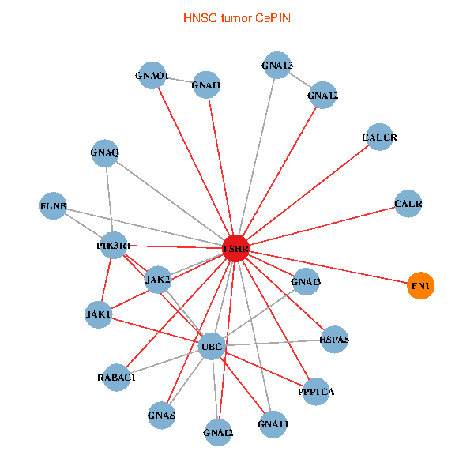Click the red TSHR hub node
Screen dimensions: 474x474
(x=235, y=249)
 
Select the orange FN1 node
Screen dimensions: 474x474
(x=421, y=285)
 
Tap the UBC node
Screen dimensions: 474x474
(x=211, y=347)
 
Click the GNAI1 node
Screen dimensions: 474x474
(x=206, y=85)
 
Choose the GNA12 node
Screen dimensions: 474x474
(x=323, y=96)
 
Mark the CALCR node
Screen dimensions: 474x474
(x=379, y=137)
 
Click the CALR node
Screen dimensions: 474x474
(x=408, y=204)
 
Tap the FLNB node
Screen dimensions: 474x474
(x=53, y=207)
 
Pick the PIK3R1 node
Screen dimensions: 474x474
(x=114, y=246)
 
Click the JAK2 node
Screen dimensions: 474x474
(x=158, y=279)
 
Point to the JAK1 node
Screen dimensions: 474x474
(x=99, y=314)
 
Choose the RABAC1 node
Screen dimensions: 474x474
(x=118, y=377)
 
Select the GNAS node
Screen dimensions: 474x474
(x=161, y=415)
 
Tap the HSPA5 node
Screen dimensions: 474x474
(x=334, y=340)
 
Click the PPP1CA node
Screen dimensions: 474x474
(x=316, y=392)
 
